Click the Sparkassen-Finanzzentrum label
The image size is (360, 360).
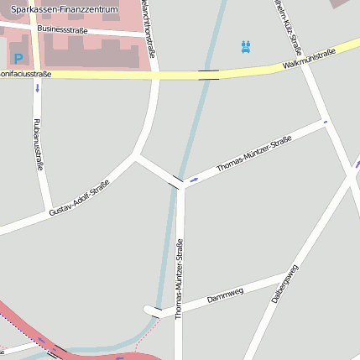(x=65, y=8)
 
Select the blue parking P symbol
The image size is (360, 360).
(x=18, y=60)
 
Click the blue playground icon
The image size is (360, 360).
(x=246, y=46)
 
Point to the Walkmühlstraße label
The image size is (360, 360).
(x=309, y=58)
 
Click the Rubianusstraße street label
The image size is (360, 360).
(x=38, y=145)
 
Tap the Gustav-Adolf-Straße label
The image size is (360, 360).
(x=79, y=198)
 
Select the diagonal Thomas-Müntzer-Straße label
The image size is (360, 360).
(x=253, y=154)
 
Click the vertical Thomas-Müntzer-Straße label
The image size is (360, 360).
(x=179, y=279)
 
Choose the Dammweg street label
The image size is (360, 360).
(x=225, y=295)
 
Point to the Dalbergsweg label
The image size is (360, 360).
(x=285, y=283)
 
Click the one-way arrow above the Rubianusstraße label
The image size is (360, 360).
(x=37, y=87)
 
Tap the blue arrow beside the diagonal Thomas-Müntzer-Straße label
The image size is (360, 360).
(x=195, y=180)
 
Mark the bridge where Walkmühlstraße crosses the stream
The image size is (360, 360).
(x=209, y=75)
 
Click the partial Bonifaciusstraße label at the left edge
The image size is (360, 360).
(x=25, y=75)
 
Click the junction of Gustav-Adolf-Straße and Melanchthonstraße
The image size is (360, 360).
(x=137, y=154)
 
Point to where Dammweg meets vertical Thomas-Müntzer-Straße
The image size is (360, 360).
(x=179, y=310)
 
